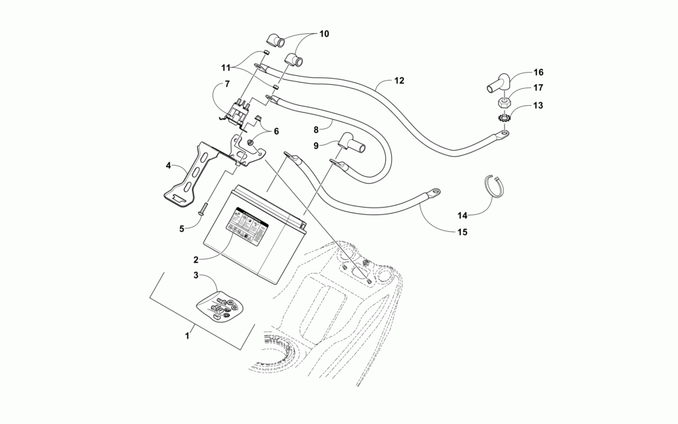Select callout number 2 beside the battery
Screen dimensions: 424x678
(x=195, y=259)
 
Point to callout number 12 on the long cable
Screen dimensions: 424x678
(x=399, y=81)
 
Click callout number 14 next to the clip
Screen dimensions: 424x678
(x=462, y=215)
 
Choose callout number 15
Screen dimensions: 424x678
(x=462, y=232)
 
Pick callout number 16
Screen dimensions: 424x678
(x=538, y=72)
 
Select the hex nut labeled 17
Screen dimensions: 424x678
(x=504, y=102)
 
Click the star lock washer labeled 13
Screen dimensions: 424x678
(x=504, y=119)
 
